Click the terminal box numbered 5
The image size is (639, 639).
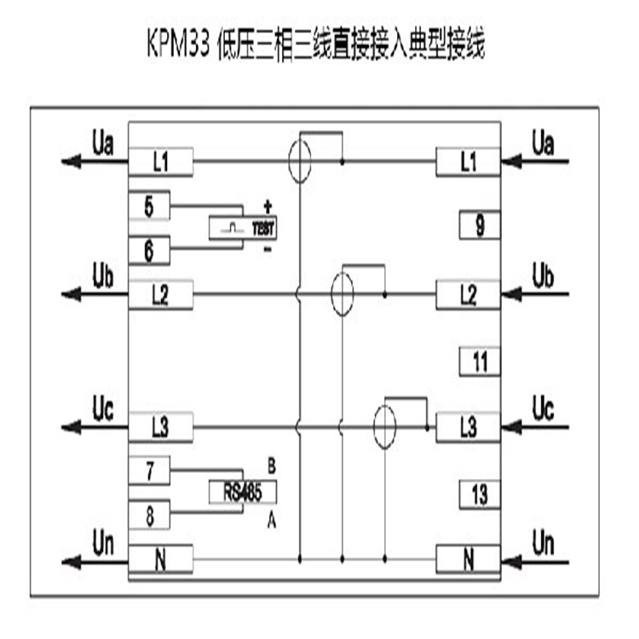click(149, 205)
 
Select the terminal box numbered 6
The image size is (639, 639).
click(149, 251)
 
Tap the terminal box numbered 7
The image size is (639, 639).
click(149, 470)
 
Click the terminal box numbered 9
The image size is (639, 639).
click(480, 226)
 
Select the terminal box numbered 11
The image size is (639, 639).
click(480, 361)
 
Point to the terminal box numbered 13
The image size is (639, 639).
click(480, 493)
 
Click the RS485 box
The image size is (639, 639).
click(244, 492)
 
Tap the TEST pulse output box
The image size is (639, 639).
click(244, 227)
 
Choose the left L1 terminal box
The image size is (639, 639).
click(161, 160)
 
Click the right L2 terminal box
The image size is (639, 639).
click(468, 295)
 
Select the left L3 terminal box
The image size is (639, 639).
click(161, 427)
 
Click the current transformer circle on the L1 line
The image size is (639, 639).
click(300, 161)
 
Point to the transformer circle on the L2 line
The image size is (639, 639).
click(342, 294)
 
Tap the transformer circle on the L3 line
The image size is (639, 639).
click(385, 427)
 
